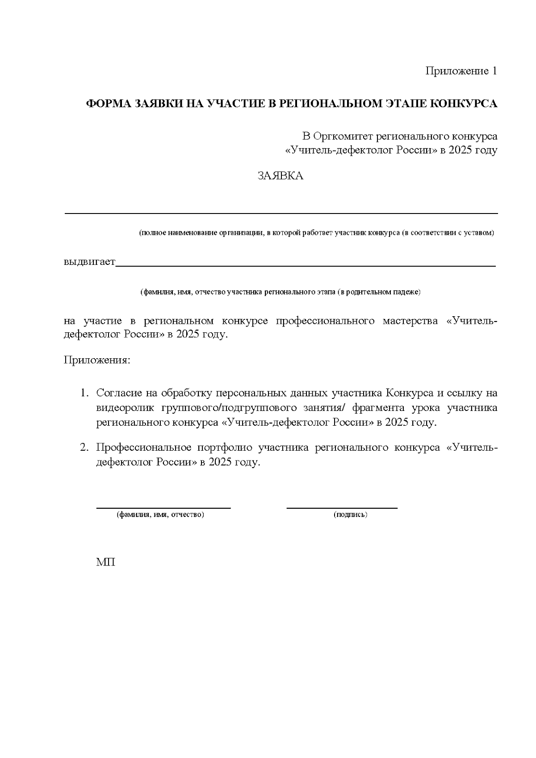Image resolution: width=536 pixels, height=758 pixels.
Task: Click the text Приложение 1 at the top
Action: [461, 71]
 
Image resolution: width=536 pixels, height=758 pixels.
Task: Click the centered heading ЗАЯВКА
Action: [281, 176]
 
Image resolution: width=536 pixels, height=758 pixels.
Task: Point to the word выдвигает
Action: [89, 261]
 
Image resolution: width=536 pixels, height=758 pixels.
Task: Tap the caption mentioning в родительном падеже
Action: [281, 292]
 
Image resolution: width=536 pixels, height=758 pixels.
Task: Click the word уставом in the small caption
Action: [479, 233]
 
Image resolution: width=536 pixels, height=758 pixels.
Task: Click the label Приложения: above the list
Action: [97, 360]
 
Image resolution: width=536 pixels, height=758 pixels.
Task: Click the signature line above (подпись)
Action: [342, 508]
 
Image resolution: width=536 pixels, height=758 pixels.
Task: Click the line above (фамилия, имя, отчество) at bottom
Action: [163, 508]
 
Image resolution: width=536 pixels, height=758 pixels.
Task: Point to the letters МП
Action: [105, 562]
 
